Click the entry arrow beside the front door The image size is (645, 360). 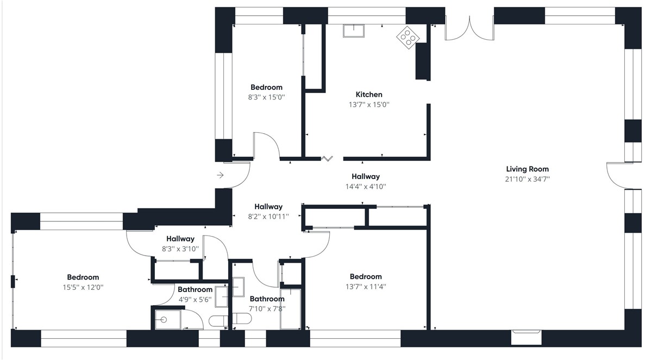(x=220, y=175)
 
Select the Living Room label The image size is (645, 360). (x=527, y=169)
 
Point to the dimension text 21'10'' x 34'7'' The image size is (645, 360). (x=527, y=179)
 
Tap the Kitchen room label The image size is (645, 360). (x=369, y=95)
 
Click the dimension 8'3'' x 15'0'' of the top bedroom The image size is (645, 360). (x=266, y=97)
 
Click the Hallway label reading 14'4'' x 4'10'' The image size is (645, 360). (x=365, y=177)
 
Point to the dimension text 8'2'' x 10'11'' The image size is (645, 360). (x=268, y=216)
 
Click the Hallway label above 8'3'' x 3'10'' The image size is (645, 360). (x=180, y=239)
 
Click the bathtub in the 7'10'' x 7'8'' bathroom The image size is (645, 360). (x=291, y=308)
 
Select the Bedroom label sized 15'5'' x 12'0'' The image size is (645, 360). (x=83, y=277)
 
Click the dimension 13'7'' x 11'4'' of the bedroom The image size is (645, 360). (x=365, y=287)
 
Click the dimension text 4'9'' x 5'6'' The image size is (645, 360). (x=195, y=300)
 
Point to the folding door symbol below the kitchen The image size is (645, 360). (x=327, y=158)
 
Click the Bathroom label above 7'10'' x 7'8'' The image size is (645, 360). (x=267, y=299)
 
